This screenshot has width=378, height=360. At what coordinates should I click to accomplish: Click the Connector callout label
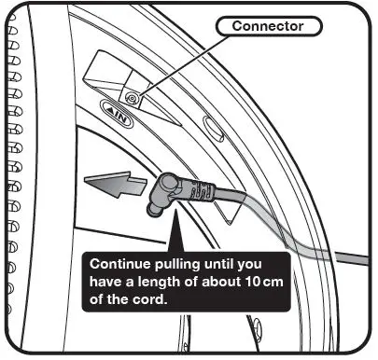point(270,27)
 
